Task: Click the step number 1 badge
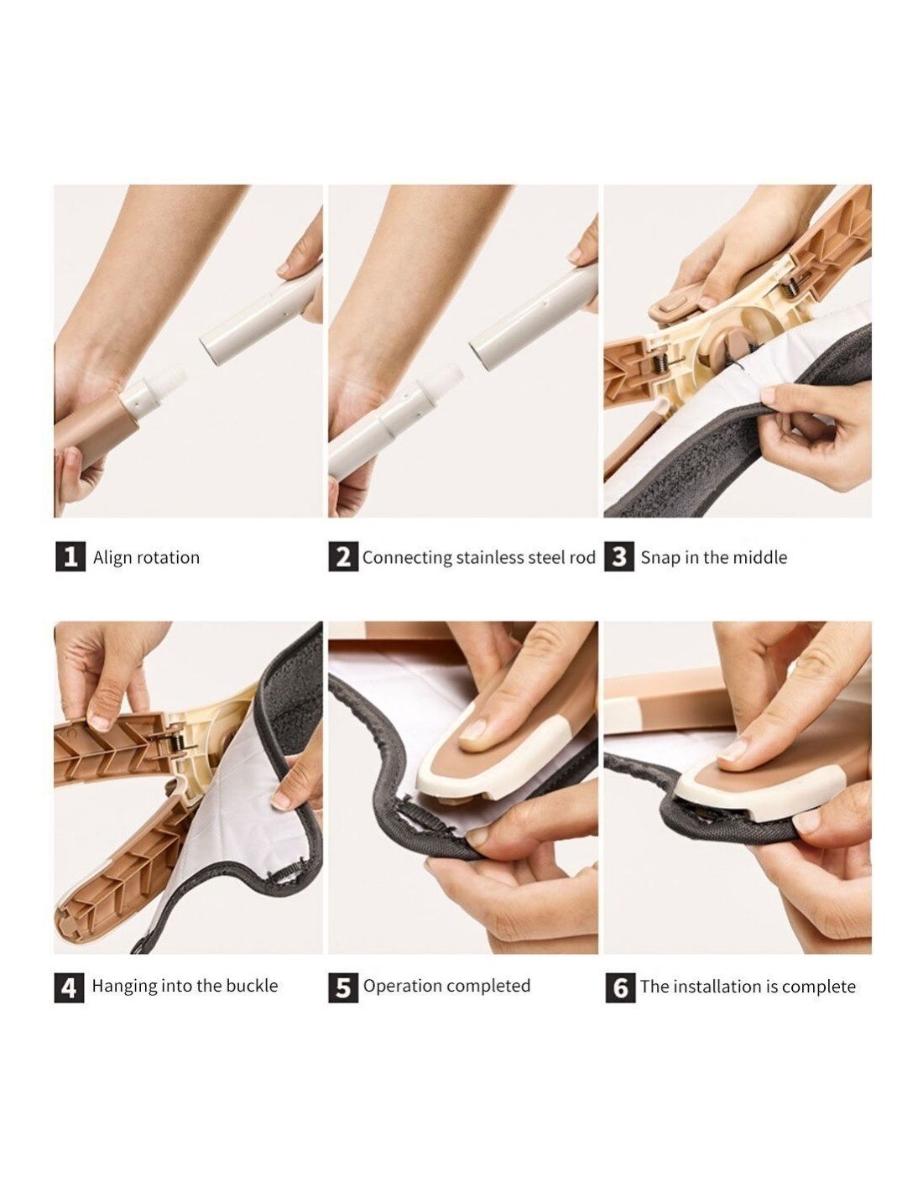click(70, 557)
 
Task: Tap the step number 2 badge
click(343, 557)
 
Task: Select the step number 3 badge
click(618, 557)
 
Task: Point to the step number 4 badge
click(69, 987)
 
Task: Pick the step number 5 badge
click(343, 987)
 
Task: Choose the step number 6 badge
click(620, 988)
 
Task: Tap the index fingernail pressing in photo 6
click(733, 750)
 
